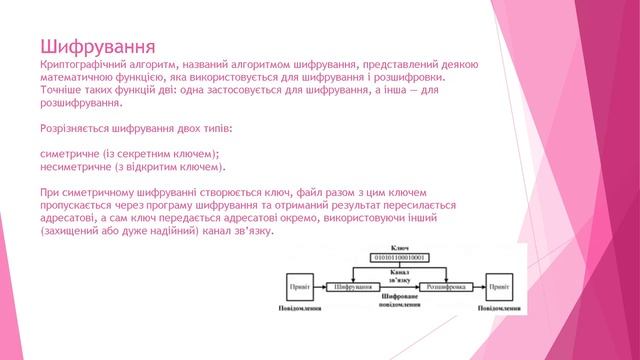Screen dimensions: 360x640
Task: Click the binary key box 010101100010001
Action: (399, 257)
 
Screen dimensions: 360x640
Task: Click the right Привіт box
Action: (498, 286)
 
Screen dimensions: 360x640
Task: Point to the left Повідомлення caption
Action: (299, 309)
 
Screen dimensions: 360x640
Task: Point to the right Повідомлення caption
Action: (498, 309)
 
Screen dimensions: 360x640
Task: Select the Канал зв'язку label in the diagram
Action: (399, 272)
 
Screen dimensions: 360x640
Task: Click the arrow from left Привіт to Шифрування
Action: (320, 286)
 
